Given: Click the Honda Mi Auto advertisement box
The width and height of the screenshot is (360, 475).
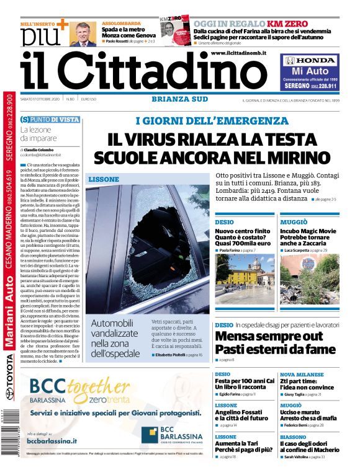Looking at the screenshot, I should pos(311,72).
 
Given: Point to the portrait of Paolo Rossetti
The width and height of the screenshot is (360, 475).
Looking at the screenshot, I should pos(83,34).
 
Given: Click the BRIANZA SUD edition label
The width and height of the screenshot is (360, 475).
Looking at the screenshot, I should pos(176,99).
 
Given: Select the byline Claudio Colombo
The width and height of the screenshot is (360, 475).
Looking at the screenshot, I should pos(42,149).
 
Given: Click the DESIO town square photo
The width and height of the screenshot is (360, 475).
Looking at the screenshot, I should pos(244,278).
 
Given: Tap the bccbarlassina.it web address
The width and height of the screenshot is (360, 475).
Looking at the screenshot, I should pos(52,440).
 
